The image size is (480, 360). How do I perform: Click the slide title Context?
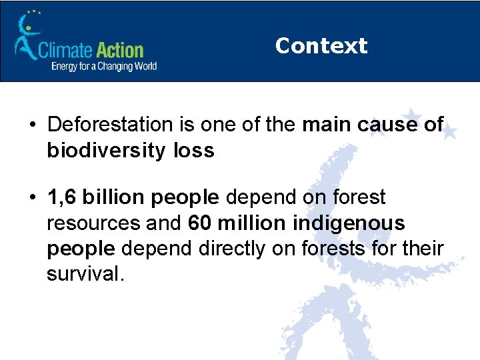pyautogui.click(x=321, y=45)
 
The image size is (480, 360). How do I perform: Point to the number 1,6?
pyautogui.click(x=62, y=197)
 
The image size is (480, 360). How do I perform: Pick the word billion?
pyautogui.click(x=115, y=197)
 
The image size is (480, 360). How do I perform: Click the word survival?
pyautogui.click(x=85, y=274)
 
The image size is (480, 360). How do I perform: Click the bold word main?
pyautogui.click(x=325, y=125)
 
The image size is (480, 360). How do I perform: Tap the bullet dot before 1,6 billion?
pyautogui.click(x=32, y=198)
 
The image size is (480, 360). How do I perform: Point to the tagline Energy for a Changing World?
pyautogui.click(x=104, y=66)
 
